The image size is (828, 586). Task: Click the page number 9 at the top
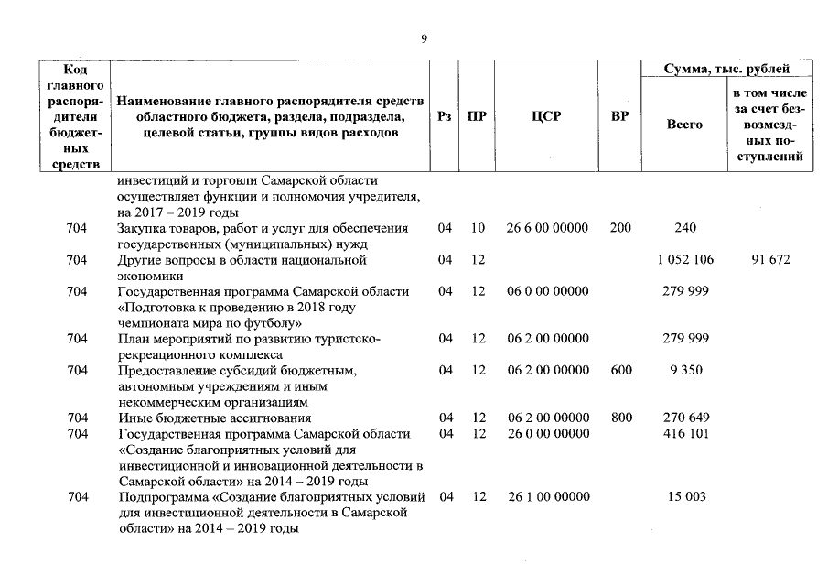coord(423,38)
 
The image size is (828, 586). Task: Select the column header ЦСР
coord(545,117)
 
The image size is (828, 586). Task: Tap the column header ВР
coord(619,117)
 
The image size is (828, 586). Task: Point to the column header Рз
coord(445,117)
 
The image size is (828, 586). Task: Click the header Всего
coord(684,125)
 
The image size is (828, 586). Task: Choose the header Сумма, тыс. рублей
coord(726,69)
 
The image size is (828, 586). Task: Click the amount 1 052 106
coord(684,260)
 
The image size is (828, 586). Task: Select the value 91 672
coord(770,260)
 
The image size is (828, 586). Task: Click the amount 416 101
coord(684,434)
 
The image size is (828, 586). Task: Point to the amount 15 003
coord(684,497)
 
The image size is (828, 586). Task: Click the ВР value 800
coord(621,418)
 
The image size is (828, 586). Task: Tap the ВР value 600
coord(621,371)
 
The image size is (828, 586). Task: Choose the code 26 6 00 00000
coord(547,228)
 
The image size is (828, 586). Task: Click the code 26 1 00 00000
coord(547,497)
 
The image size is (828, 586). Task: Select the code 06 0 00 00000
coord(547,291)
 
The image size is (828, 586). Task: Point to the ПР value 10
coord(478,228)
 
